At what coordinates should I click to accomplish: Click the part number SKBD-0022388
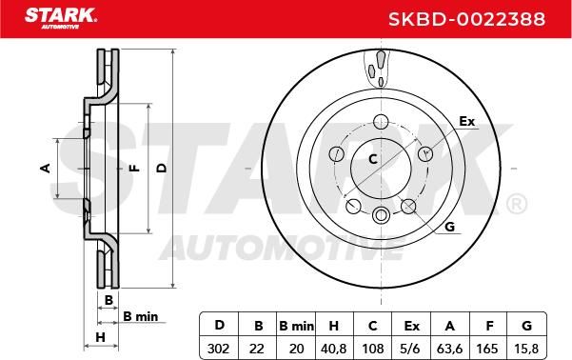(466, 19)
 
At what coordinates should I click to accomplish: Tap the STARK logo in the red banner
(61, 18)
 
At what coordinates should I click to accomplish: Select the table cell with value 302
(219, 349)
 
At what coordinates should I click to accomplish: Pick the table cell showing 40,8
(333, 349)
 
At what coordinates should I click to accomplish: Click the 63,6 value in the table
(450, 349)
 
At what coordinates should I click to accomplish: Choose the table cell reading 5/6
(410, 349)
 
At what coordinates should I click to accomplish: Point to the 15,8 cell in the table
(526, 349)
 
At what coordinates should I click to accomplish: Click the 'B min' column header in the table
(296, 326)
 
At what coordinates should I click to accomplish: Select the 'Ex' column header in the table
(411, 326)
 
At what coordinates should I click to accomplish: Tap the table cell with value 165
(487, 349)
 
